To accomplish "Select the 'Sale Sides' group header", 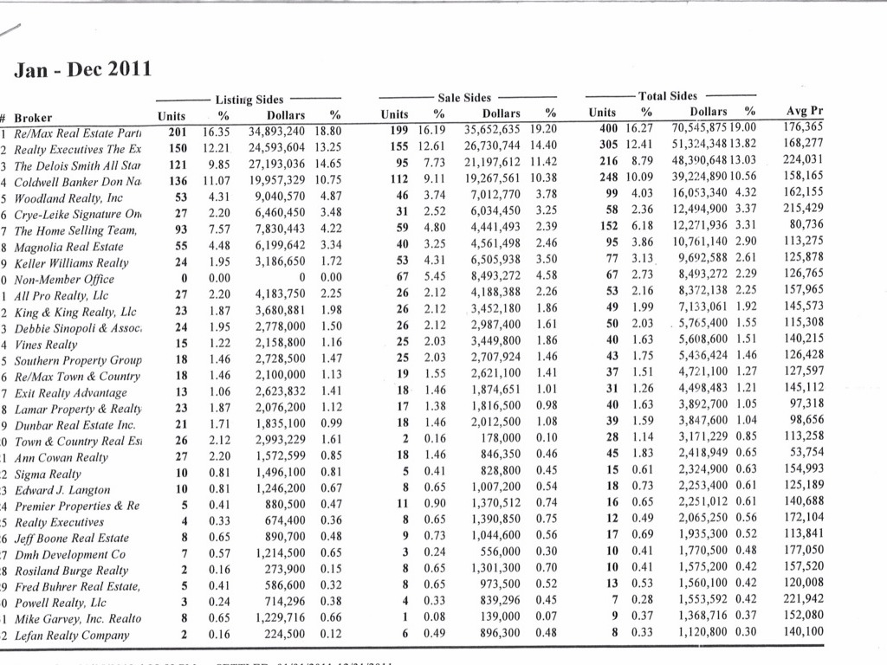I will [x=464, y=99].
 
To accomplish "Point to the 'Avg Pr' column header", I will [x=804, y=111].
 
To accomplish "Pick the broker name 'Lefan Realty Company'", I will [x=71, y=636].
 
